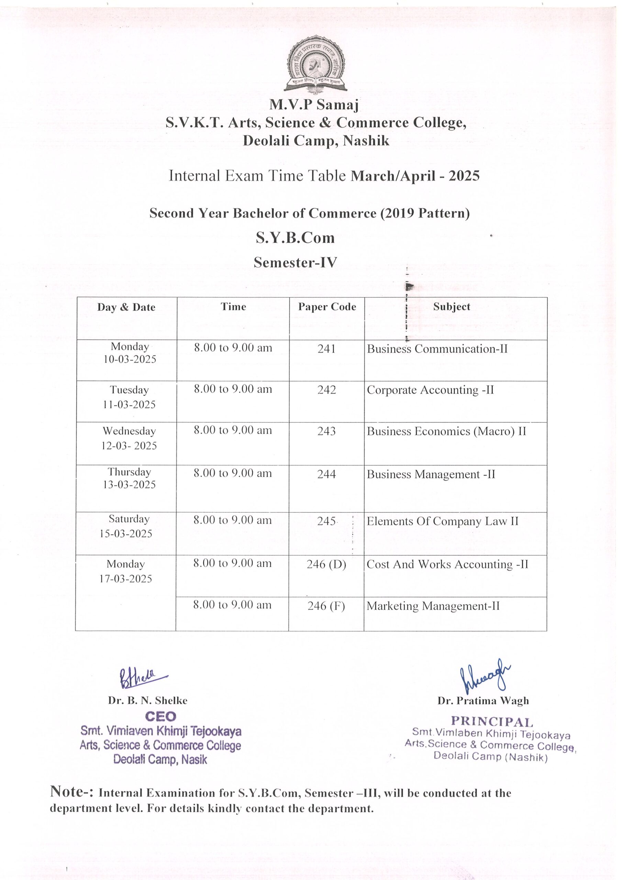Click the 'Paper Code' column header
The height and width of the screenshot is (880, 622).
327,307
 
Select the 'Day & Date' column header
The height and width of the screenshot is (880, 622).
126,307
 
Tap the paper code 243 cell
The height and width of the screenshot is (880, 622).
326,431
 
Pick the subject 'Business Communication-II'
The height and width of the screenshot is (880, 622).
437,349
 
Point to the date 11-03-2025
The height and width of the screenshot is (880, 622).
129,404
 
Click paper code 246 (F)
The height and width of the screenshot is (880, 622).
326,606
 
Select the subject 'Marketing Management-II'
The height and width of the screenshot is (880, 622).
433,606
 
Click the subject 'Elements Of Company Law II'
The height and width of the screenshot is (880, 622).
442,521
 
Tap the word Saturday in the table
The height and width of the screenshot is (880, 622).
129,519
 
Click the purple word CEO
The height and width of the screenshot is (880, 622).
160,716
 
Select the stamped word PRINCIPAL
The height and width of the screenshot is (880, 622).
492,722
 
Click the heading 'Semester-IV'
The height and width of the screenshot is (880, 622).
295,263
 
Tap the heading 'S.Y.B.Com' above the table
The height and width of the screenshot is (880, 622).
295,238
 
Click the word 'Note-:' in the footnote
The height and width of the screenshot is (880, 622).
72,791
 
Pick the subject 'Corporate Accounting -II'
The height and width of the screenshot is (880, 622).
430,390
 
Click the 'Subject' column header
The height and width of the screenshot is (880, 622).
452,307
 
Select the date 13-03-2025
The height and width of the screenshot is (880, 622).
129,485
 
